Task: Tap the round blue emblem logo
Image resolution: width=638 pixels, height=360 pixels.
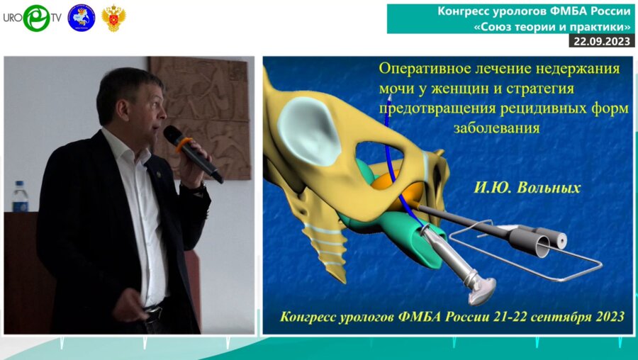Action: point(81,18)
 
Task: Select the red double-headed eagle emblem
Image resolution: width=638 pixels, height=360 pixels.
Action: point(113,18)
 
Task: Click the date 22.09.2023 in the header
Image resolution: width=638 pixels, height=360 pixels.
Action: point(601,41)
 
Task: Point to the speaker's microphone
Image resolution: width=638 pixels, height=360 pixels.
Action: point(191,152)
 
